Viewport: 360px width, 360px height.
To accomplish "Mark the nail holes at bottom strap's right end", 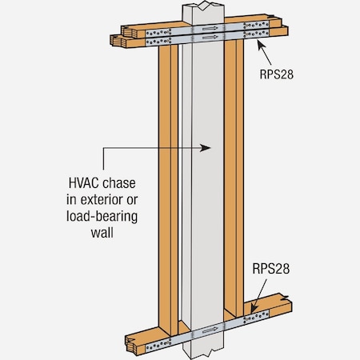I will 258,318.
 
